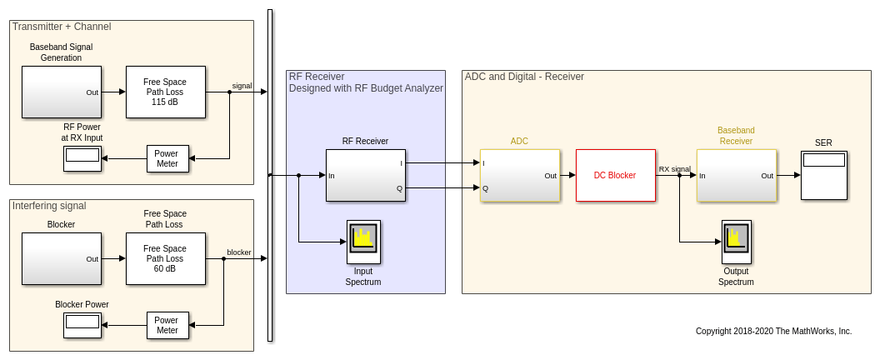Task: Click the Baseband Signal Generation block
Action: [61, 92]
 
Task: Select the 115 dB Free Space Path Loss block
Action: [165, 92]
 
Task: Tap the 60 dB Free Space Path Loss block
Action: [165, 258]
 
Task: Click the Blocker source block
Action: [61, 258]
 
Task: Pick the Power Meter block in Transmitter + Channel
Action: [167, 158]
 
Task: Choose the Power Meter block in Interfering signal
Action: [167, 325]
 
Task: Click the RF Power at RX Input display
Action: [82, 158]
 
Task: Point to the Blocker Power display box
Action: [82, 325]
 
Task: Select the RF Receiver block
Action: [365, 175]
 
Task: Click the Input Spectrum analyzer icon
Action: [363, 242]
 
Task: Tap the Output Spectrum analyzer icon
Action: [736, 242]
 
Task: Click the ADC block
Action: [520, 175]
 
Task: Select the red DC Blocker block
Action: [615, 175]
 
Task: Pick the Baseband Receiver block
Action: [737, 175]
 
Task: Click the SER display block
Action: [823, 175]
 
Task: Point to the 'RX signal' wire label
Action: [674, 169]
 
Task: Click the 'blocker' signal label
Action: [239, 252]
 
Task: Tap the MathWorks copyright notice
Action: [773, 331]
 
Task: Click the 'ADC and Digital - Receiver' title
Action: [524, 77]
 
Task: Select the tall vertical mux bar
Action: [270, 175]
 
